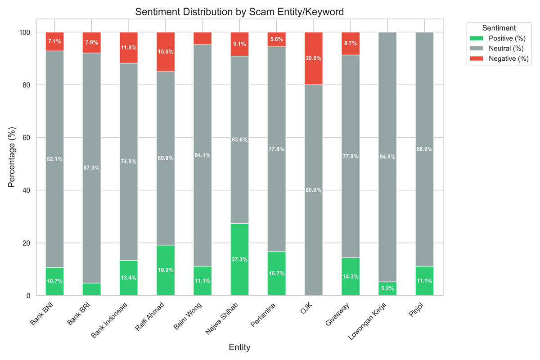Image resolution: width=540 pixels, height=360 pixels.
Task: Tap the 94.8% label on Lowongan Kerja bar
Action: pyautogui.click(x=387, y=157)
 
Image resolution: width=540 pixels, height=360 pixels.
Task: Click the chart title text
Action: pyautogui.click(x=239, y=12)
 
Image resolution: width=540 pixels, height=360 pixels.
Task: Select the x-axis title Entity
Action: pyautogui.click(x=239, y=347)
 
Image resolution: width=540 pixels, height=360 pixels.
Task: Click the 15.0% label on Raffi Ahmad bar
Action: pyautogui.click(x=166, y=52)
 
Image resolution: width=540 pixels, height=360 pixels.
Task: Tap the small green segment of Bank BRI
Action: pyautogui.click(x=92, y=289)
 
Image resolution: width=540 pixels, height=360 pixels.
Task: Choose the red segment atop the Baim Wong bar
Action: pyautogui.click(x=202, y=38)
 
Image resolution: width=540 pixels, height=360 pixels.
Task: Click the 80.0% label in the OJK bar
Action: pyautogui.click(x=313, y=190)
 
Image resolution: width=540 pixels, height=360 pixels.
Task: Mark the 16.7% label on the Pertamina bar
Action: pyautogui.click(x=276, y=273)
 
